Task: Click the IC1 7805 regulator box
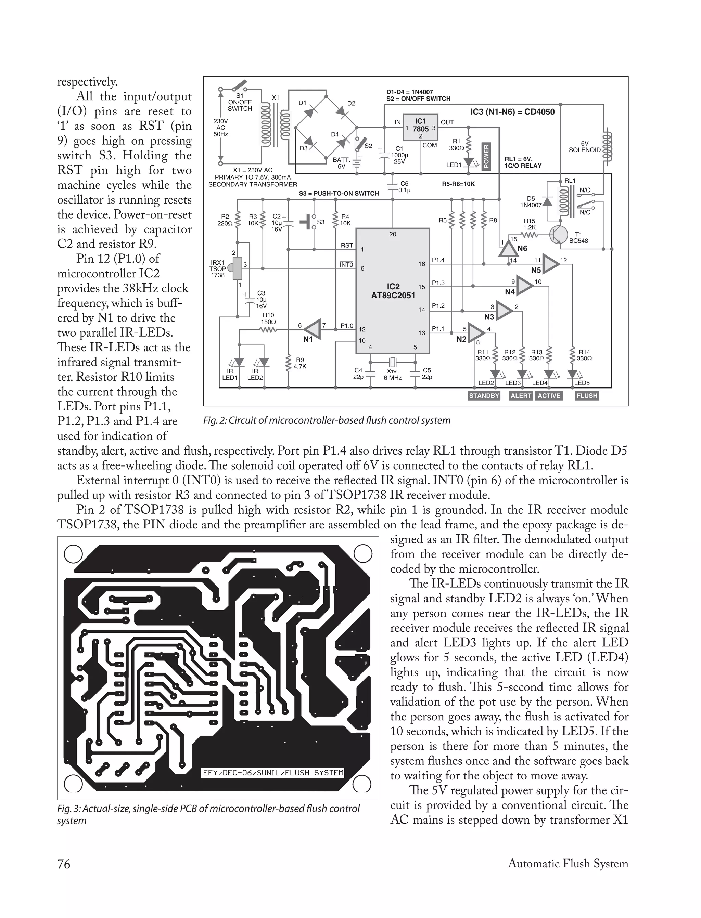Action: click(x=420, y=126)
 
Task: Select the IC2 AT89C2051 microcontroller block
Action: click(x=393, y=291)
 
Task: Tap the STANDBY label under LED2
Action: click(x=484, y=396)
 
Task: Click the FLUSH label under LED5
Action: click(x=587, y=396)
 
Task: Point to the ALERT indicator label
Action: click(x=521, y=396)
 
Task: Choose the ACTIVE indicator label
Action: click(x=549, y=396)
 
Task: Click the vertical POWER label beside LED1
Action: click(x=486, y=156)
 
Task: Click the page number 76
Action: click(x=64, y=864)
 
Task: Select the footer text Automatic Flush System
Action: click(x=568, y=864)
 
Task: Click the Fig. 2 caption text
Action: click(x=327, y=420)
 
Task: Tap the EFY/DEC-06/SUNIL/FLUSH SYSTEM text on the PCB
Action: click(x=273, y=773)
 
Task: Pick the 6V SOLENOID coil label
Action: click(x=585, y=147)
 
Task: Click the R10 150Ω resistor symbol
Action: click(x=268, y=330)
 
